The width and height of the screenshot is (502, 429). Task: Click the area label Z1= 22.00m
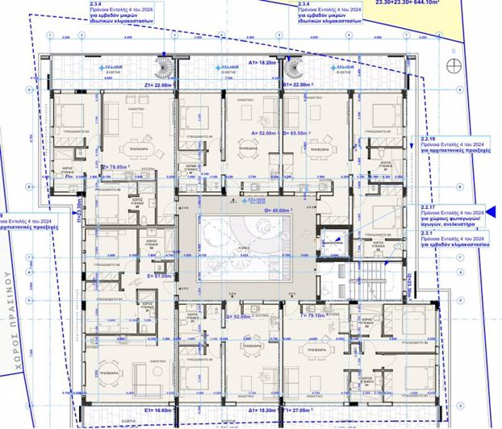click(x=160, y=84)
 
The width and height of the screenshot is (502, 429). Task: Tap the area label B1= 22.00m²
click(x=298, y=84)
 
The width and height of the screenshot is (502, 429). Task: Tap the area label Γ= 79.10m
click(x=315, y=305)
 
